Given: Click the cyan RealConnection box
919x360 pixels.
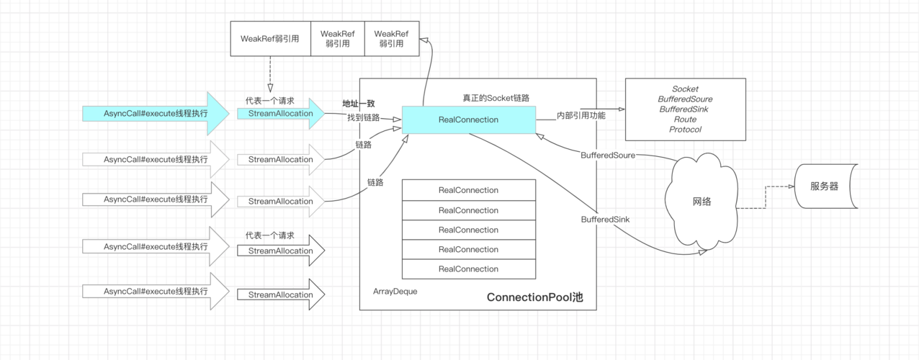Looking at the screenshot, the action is pos(469,120).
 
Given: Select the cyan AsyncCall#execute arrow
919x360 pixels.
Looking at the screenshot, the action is pos(156,114).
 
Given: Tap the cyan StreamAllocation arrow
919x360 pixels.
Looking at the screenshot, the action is pos(281,114).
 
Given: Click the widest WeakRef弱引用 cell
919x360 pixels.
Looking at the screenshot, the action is pos(270,39).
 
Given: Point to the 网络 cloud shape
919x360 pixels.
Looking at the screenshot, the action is pos(701,202).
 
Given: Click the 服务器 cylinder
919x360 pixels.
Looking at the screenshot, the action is pos(826,186).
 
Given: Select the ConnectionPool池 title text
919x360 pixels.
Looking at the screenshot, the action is pos(534,297).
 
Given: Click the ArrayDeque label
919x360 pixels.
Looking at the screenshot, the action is pos(395,291).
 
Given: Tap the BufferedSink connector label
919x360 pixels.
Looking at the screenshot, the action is pos(605,220).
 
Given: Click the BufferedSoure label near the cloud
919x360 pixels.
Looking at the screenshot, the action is pos(608,155).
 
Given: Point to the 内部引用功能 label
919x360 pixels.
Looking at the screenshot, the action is pos(581,116).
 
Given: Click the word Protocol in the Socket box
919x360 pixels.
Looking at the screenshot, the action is pos(685,130).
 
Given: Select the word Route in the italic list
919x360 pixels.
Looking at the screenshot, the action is pos(685,120).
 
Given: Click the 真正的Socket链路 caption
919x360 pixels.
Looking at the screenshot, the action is pos(496,98).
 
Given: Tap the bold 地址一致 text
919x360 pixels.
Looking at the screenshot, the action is pos(359,104).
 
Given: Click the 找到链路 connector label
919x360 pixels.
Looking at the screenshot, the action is pos(364,117).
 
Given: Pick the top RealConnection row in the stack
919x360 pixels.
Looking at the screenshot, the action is pos(469,190).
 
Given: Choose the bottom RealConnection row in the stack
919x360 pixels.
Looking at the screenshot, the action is pos(469,269).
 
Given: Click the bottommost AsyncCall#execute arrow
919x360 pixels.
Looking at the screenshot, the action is pos(156,291).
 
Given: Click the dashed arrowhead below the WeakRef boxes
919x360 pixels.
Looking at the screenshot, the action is pos(270,88).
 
